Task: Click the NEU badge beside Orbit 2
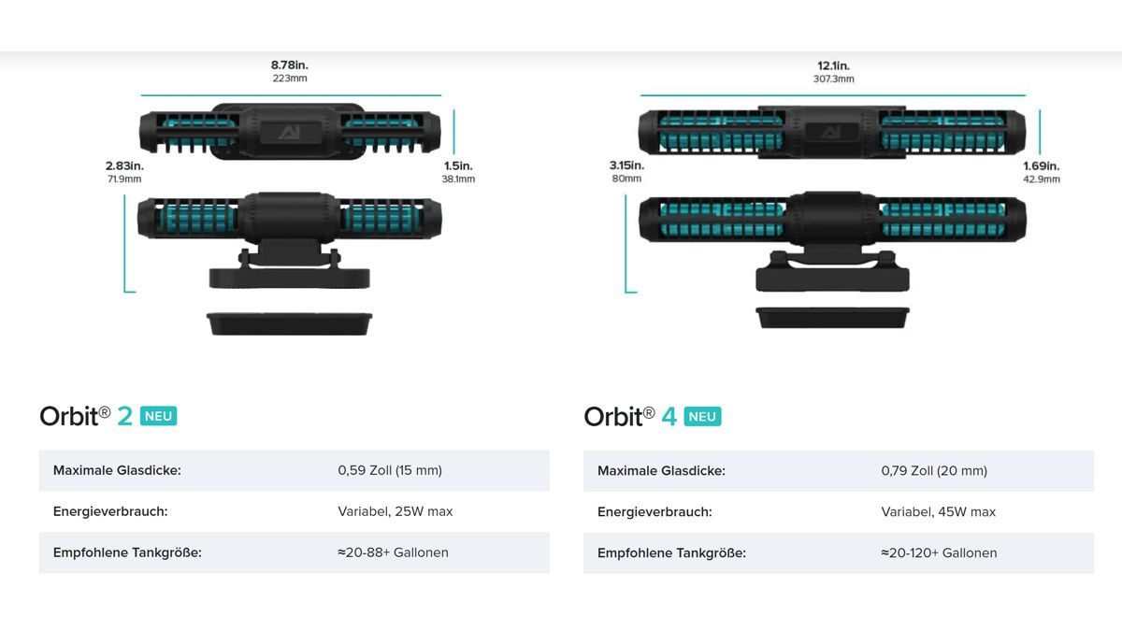158,416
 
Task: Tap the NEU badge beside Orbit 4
702,417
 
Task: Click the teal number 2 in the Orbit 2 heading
124,416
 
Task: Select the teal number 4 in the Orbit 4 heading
669,417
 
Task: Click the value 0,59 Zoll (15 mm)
390,470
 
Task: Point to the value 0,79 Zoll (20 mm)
934,471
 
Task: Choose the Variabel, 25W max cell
396,511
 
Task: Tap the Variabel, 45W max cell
938,512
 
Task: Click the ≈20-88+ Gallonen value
393,552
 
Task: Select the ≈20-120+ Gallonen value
939,552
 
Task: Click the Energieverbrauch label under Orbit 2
110,511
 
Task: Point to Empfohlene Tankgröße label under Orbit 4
671,552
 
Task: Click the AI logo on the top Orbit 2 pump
290,133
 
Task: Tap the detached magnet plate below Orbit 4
832,318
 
